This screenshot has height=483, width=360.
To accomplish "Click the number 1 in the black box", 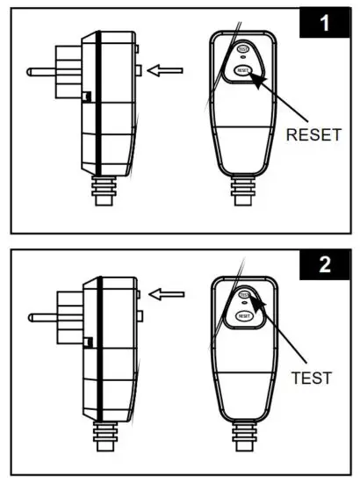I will [x=324, y=24].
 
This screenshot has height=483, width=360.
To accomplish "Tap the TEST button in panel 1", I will [x=243, y=50].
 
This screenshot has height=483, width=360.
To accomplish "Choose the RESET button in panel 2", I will [x=243, y=314].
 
